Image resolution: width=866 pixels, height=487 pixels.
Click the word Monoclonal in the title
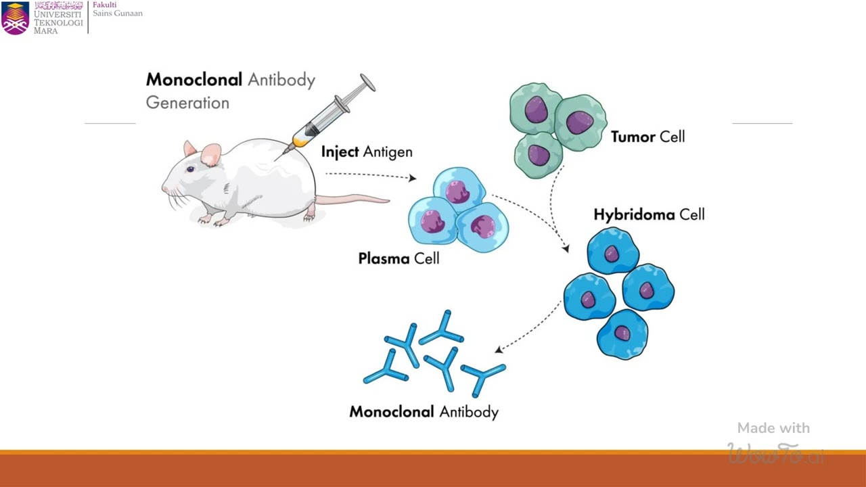click(193, 80)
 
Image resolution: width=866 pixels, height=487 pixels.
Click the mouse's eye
click(190, 169)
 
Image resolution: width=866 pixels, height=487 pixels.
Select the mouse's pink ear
click(211, 155)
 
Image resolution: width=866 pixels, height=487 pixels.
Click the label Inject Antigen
click(366, 152)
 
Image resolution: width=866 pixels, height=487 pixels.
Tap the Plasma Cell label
click(398, 258)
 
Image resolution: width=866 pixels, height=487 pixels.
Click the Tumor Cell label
click(647, 137)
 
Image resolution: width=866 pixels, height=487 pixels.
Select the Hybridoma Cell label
click(649, 214)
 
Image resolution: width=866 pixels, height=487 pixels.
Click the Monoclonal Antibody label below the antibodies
click(424, 412)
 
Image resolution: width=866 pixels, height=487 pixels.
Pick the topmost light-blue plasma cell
click(459, 189)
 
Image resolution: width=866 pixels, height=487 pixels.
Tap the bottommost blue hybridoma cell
click(622, 333)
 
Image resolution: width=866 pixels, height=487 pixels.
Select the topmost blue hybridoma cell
click(612, 252)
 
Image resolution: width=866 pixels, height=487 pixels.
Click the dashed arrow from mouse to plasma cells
click(369, 175)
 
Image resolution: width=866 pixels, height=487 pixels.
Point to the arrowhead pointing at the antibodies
click(499, 349)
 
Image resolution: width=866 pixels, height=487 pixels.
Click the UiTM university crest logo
click(15, 18)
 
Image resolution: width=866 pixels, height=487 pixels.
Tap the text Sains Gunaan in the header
click(118, 14)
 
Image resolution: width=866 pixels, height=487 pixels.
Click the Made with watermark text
click(773, 428)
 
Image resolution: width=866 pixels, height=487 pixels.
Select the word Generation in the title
click(187, 103)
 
